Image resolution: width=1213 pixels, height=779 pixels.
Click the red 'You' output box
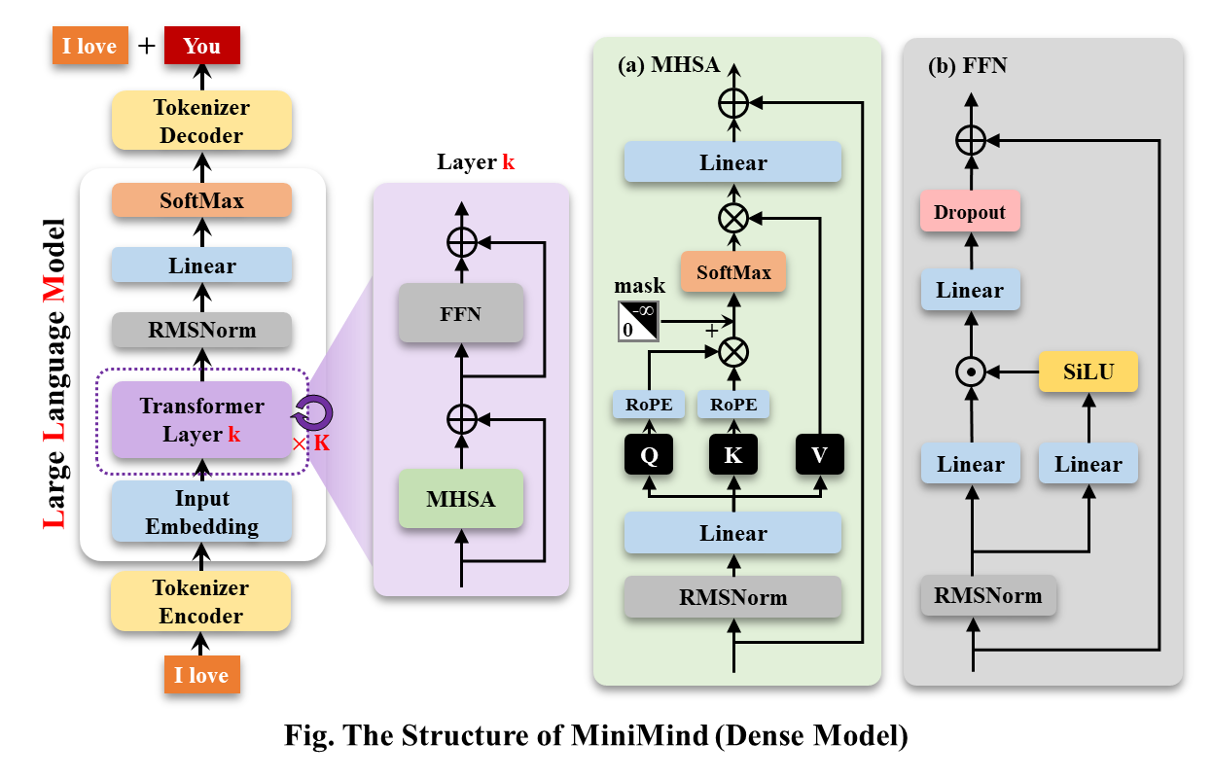coord(201,46)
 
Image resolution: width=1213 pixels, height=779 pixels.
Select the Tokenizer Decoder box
coord(201,121)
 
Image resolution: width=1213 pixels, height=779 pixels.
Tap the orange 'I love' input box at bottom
coord(201,675)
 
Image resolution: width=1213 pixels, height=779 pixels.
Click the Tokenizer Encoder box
coord(201,601)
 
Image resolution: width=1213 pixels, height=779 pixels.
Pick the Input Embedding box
coord(201,513)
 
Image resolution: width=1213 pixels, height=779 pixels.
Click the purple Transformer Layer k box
coord(201,420)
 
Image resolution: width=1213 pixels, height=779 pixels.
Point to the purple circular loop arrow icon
coord(315,413)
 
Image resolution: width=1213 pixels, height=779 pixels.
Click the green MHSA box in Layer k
coord(461,500)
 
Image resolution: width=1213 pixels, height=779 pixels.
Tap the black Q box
coord(649,455)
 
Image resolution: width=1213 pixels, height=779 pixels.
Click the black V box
coord(819,455)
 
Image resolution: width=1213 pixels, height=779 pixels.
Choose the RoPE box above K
coord(733,405)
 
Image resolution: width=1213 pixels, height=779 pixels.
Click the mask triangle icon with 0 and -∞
coord(638,321)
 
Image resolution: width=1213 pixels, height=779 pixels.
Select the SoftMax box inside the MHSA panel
coord(733,272)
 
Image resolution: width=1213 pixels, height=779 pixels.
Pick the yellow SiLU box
coord(1088,372)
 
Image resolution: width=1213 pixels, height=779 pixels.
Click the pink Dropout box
coord(970,212)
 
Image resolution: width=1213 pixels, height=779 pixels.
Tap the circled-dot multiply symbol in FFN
coord(970,372)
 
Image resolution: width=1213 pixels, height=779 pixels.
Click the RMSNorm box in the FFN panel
coord(988,595)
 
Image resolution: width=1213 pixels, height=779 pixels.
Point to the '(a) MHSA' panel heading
coord(669,65)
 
